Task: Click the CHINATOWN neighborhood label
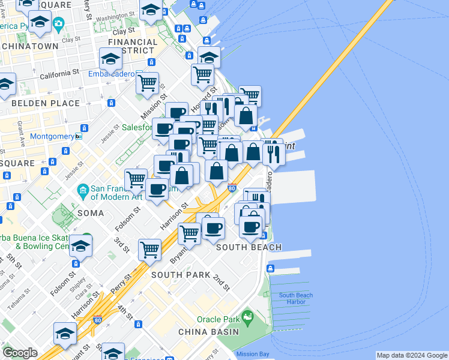coord(30,46)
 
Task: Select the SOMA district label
coord(89,213)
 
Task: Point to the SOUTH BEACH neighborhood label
coord(249,247)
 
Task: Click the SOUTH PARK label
coord(181,275)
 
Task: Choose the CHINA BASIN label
coord(208,332)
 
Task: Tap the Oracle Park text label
coord(218,319)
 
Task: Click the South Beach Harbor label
coord(295,298)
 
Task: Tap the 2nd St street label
coord(221,283)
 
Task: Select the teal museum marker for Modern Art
coord(83,191)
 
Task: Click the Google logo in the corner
coord(20,353)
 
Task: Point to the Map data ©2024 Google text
coord(412,355)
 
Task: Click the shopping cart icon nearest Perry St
coord(149,249)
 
